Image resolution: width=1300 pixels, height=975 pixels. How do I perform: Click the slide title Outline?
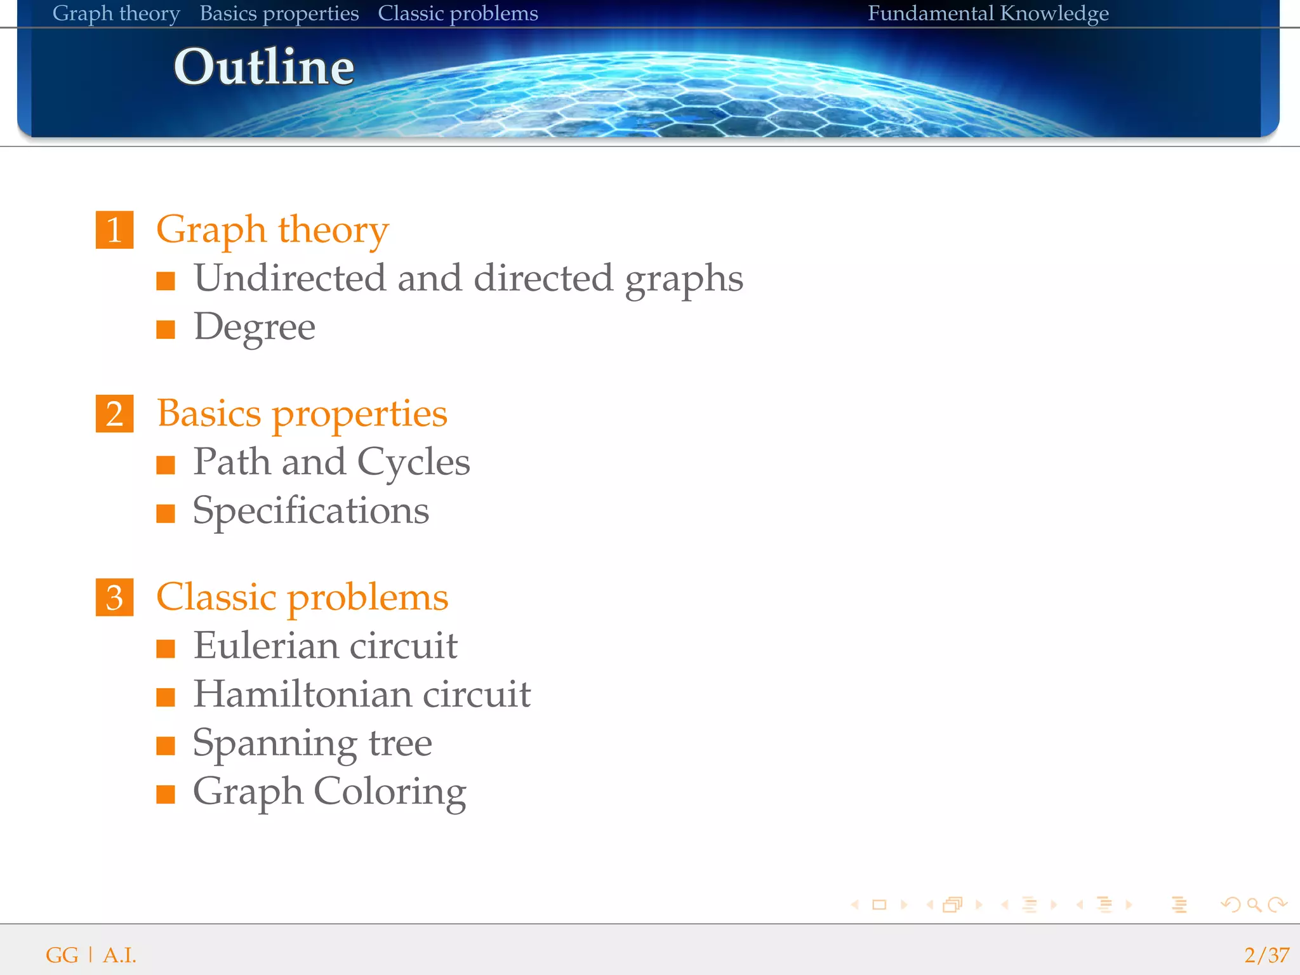coord(263,67)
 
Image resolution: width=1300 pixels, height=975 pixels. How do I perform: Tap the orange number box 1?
coord(114,230)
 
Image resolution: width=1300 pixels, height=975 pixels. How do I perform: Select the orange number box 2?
coord(114,414)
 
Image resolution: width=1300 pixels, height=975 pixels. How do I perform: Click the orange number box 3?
coord(114,597)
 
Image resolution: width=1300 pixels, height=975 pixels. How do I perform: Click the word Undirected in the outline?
coord(289,278)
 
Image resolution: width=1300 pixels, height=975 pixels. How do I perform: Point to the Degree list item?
coord(254,328)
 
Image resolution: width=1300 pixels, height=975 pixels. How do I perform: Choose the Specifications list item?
coord(311,511)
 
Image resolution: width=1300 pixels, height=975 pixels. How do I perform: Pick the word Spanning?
coord(274,744)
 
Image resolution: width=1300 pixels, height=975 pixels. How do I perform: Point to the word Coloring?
coord(390,792)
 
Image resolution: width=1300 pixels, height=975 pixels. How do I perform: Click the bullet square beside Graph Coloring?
coord(166,794)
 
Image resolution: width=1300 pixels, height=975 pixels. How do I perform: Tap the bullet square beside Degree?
coord(166,329)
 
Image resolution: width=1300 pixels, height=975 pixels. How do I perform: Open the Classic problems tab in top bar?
coord(458,13)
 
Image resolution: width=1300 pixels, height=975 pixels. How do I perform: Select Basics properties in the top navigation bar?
coord(279,13)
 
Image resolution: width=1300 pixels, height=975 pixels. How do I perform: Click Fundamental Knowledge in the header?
coord(988,13)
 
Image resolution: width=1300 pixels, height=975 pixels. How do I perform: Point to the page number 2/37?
coord(1266,955)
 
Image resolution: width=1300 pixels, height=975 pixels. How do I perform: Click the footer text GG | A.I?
coord(91,955)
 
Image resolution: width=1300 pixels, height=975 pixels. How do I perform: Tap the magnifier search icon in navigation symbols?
coord(1254,905)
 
